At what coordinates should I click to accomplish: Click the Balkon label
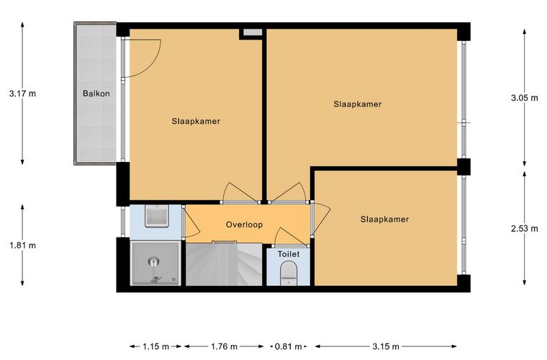click(x=96, y=94)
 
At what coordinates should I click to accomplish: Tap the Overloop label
click(x=244, y=225)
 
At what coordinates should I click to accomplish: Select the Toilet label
click(x=289, y=254)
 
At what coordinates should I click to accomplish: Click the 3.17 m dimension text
click(x=23, y=94)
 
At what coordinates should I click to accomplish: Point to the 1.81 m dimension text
click(x=23, y=246)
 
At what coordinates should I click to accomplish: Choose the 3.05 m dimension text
click(x=524, y=98)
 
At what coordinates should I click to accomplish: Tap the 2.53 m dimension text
click(x=524, y=229)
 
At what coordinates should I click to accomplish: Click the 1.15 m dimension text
click(x=155, y=346)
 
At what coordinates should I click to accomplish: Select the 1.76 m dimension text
click(x=224, y=346)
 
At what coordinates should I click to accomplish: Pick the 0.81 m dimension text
click(x=289, y=346)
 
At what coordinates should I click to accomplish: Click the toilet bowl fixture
click(x=289, y=273)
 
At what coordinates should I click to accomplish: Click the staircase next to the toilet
click(x=224, y=264)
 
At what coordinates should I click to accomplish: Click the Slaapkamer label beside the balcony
click(x=196, y=122)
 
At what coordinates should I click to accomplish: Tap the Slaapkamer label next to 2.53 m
click(x=385, y=220)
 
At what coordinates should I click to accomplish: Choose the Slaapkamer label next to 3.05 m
click(x=358, y=104)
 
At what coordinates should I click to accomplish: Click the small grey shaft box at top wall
click(x=253, y=32)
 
